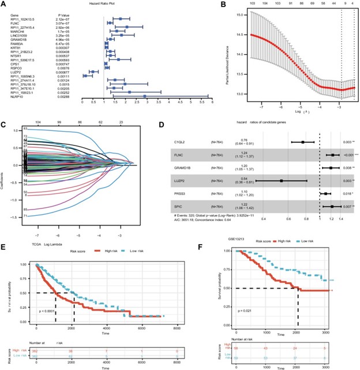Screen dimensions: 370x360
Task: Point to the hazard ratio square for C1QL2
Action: tap(303, 141)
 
